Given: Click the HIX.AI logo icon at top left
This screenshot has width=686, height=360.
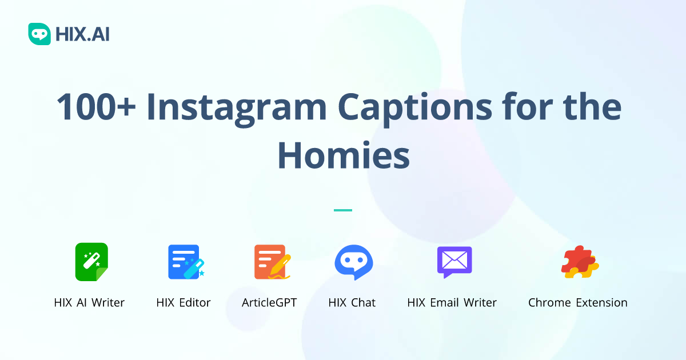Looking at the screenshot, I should [39, 34].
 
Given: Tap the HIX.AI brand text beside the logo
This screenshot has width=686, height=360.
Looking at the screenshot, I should [82, 35].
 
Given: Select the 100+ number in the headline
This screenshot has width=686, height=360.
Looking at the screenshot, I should [95, 107].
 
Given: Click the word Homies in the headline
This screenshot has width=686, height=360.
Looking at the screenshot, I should [343, 155].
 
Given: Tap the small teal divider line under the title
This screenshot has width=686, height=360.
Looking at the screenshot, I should [343, 210].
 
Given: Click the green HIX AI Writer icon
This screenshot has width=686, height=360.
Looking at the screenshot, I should [91, 262].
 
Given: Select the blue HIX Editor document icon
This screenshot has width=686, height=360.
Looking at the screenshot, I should [185, 262].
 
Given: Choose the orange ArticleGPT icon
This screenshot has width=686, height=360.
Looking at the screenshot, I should [271, 262].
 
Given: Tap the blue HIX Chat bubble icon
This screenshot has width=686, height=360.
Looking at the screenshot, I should [353, 262].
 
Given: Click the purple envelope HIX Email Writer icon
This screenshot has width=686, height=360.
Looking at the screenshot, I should [454, 262].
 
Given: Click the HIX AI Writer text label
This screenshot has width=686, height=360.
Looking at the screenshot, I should [89, 303].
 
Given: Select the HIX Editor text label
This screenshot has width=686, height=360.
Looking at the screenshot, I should [184, 303].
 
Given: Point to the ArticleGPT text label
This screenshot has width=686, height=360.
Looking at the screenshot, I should [269, 303].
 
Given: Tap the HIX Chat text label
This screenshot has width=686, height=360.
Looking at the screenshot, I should [352, 303].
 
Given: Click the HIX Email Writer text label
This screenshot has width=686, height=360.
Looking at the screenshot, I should [452, 303].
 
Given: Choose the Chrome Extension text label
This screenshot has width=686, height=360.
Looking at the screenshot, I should [577, 303].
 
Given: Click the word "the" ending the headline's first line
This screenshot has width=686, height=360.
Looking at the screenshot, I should [595, 107].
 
